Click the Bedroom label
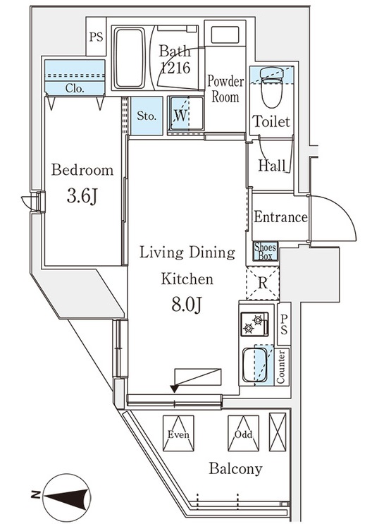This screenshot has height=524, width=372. coord(82,170)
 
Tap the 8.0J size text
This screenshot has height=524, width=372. coord(187,304)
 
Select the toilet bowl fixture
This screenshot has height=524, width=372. coord(272,87)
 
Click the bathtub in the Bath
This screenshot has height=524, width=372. coord(130,58)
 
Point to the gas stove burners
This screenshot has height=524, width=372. coord(254,324)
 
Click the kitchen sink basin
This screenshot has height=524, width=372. coord(255,365)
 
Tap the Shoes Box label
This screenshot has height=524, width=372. coord(266,251)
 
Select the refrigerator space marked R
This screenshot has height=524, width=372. coord(263,284)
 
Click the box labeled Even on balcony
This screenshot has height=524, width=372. coord(178,434)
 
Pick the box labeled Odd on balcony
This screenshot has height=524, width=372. coord(244,434)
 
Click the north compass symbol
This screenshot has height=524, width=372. coord(68,495)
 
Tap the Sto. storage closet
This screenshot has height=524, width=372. coord(147,116)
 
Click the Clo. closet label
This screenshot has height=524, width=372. coord(75,88)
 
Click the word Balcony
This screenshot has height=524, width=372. coord(235,468)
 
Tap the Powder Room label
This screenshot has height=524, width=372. coord(225,89)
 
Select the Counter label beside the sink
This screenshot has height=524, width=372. coord(281,367)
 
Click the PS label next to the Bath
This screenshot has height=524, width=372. coord(97,37)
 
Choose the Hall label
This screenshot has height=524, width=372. coord(272,165)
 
